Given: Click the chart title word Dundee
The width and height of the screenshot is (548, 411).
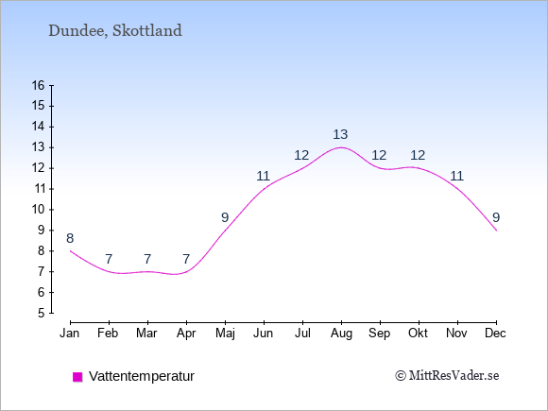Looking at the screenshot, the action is (x=77, y=31).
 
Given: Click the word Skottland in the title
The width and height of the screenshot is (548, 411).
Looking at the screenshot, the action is (x=147, y=30).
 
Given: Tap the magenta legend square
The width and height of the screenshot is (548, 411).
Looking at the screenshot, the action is (x=77, y=377).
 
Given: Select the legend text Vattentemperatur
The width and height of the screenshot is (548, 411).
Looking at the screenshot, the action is (x=142, y=376).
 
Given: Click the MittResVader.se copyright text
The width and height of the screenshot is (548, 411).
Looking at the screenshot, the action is (x=447, y=376).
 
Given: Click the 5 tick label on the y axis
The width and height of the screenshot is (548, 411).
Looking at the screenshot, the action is (x=42, y=313).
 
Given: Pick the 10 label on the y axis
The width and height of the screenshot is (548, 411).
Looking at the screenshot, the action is (x=39, y=210).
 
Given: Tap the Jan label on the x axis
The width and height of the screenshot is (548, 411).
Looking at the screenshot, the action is (x=70, y=334).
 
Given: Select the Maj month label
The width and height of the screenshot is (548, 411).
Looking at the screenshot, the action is (x=225, y=334).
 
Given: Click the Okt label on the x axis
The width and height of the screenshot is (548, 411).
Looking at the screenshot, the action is (x=418, y=334).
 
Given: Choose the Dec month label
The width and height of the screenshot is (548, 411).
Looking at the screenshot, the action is (x=496, y=334).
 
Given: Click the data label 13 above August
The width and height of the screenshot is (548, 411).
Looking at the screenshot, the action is (x=340, y=134).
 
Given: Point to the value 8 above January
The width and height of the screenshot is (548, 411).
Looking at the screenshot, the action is (x=70, y=239).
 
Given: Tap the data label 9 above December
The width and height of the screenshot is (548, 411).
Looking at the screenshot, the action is (x=496, y=217).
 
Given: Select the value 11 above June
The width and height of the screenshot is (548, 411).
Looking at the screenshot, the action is (x=264, y=176).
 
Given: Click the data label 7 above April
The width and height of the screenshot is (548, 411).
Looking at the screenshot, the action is (x=186, y=259).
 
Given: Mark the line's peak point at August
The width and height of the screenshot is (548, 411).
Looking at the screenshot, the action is (x=341, y=147).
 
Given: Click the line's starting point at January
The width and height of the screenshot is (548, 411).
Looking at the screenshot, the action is (x=70, y=251).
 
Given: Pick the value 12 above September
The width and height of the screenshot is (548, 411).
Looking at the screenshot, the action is (x=379, y=155).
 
